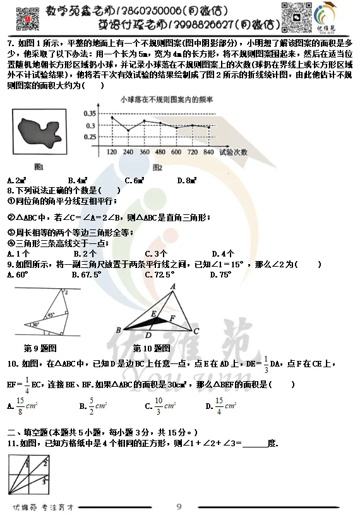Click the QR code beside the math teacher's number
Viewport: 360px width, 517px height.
[x=24, y=18]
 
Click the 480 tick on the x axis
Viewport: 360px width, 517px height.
[x=160, y=152]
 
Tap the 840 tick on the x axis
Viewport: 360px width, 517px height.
[x=209, y=152]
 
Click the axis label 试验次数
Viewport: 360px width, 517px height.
[x=236, y=152]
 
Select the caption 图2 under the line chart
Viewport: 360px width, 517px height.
[x=157, y=167]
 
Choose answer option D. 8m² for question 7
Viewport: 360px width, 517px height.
[x=187, y=180]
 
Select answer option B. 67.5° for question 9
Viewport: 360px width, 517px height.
[x=87, y=275]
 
